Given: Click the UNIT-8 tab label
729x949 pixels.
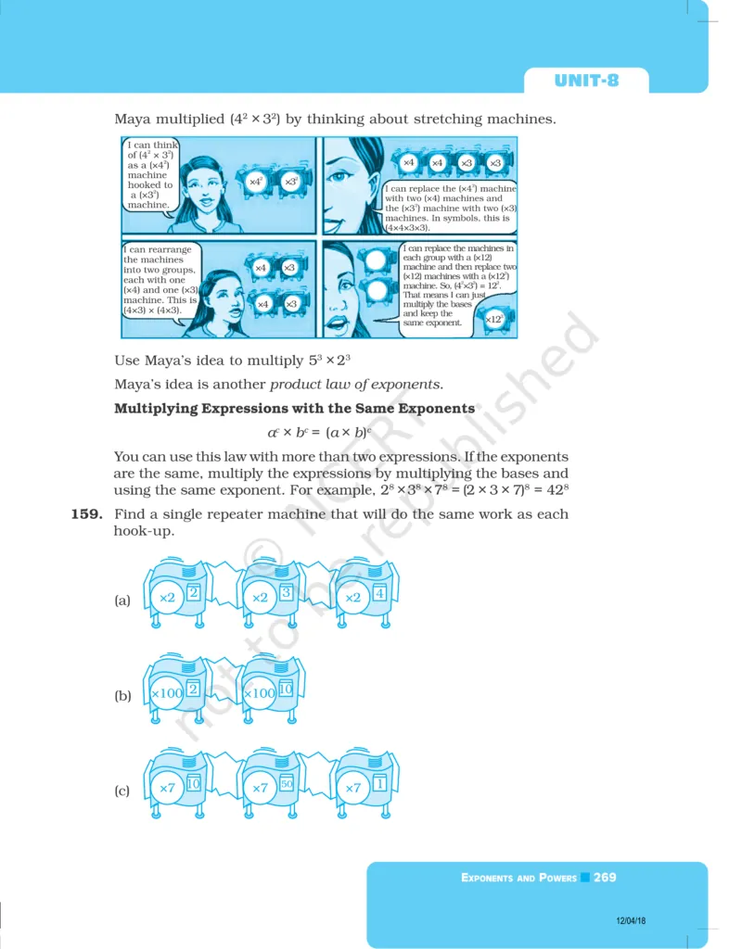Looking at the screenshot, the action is click(586, 81).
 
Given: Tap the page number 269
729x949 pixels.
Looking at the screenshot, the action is click(605, 877).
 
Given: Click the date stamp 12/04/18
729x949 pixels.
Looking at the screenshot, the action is click(631, 920).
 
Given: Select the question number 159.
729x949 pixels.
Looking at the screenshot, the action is click(87, 514).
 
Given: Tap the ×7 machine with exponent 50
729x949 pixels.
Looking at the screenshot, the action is click(269, 784).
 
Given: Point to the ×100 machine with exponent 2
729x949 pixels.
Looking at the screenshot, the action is click(175, 689).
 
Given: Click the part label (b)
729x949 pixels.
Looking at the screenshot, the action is click(123, 695).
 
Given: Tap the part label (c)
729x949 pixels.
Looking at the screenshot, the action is click(122, 791).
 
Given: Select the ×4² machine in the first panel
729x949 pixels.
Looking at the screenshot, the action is click(257, 182).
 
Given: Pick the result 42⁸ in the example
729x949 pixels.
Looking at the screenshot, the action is click(557, 489).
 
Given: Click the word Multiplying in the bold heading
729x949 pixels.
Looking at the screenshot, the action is click(156, 409).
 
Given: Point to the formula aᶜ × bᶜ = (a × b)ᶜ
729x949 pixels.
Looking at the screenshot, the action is click(319, 432).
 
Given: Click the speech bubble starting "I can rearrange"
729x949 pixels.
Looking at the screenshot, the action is click(160, 280).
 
